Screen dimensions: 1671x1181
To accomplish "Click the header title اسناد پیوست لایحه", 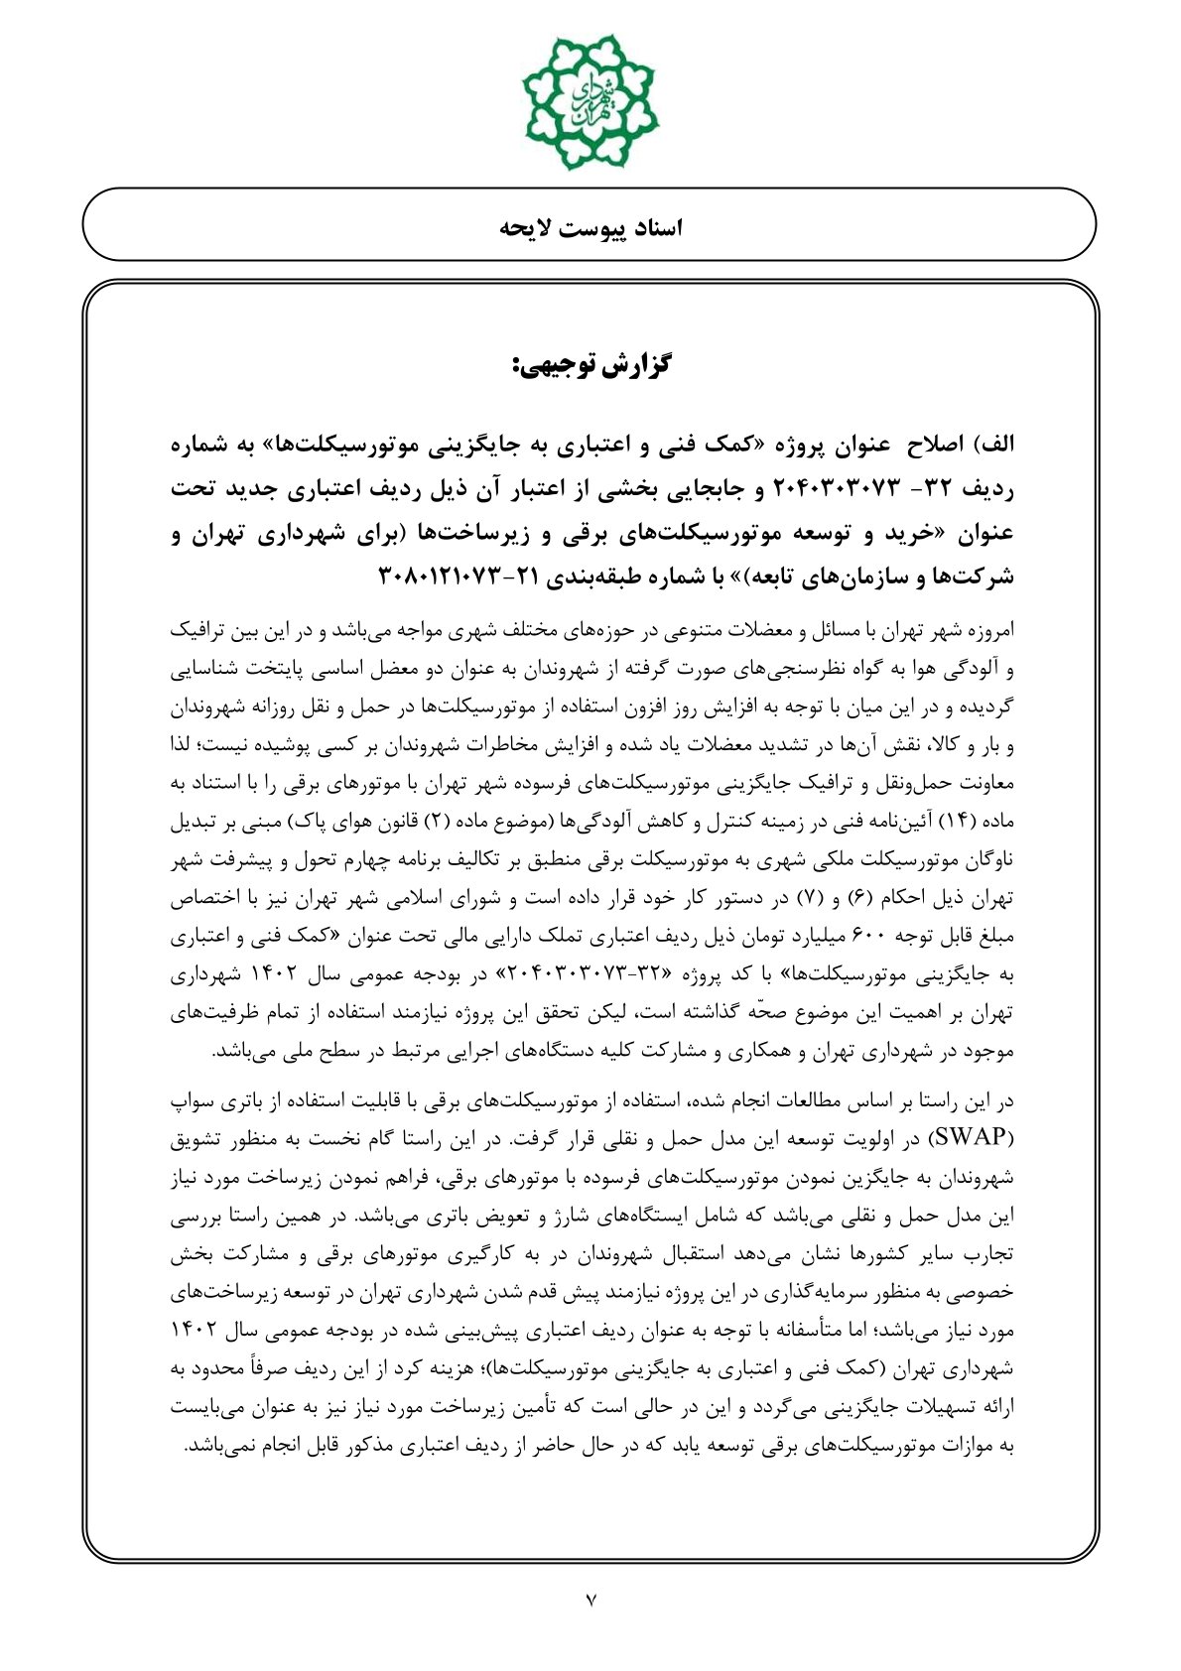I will (x=590, y=227).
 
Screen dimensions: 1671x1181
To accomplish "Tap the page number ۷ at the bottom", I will (x=590, y=1599).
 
